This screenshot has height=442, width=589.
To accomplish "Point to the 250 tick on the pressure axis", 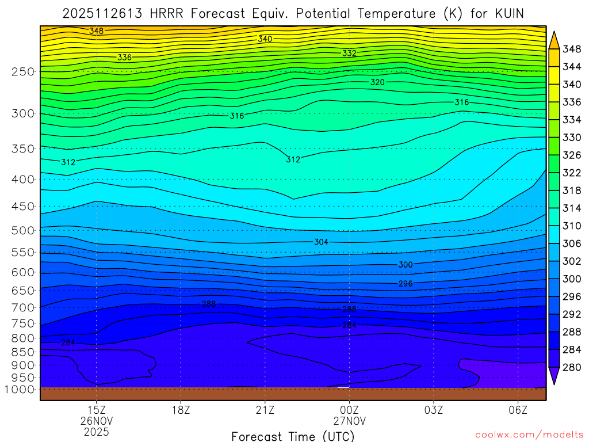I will [23, 72].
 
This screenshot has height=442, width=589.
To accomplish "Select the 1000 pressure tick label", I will [20, 390].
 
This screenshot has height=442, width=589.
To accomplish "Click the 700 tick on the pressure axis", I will [23, 308].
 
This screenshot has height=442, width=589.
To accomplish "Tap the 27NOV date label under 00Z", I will [349, 421].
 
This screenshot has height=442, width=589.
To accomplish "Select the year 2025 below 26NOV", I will [97, 431].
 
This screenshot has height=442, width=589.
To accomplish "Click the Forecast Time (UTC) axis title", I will [293, 436].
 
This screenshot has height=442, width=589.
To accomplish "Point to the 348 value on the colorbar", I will [571, 49].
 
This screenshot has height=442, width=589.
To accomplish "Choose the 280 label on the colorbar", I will [571, 367].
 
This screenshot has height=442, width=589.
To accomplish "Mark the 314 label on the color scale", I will [571, 208].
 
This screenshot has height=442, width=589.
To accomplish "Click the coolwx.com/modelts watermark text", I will [529, 433].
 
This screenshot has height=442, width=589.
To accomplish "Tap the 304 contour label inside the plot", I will [322, 242].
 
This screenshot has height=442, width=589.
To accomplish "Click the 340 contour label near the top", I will [265, 39].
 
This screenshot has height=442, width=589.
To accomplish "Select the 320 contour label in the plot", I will [377, 82].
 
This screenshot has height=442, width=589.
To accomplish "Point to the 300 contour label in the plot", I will [406, 265].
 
